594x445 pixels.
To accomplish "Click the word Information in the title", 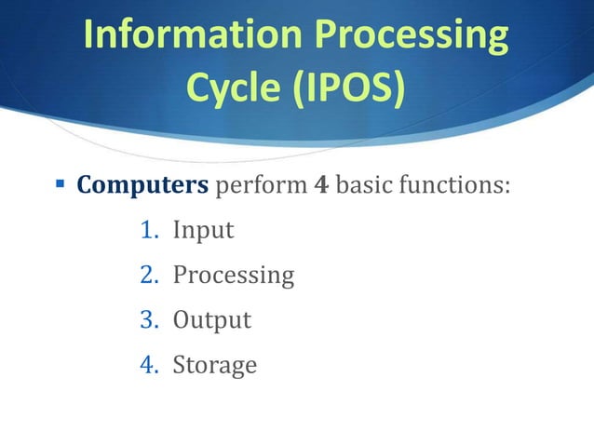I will pyautogui.click(x=188, y=35).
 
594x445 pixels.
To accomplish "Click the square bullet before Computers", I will pyautogui.click(x=58, y=183).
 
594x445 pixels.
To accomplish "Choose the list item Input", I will pyautogui.click(x=203, y=230).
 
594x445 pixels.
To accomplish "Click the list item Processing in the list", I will pyautogui.click(x=233, y=275).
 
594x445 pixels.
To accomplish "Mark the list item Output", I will pyautogui.click(x=211, y=319).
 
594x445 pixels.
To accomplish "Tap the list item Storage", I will pyautogui.click(x=214, y=365).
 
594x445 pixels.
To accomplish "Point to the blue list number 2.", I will pyautogui.click(x=147, y=275).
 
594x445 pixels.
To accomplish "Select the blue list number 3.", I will pyautogui.click(x=147, y=319).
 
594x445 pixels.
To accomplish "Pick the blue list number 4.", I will pyautogui.click(x=147, y=364).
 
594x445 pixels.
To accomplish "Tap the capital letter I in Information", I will pyautogui.click(x=88, y=35).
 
